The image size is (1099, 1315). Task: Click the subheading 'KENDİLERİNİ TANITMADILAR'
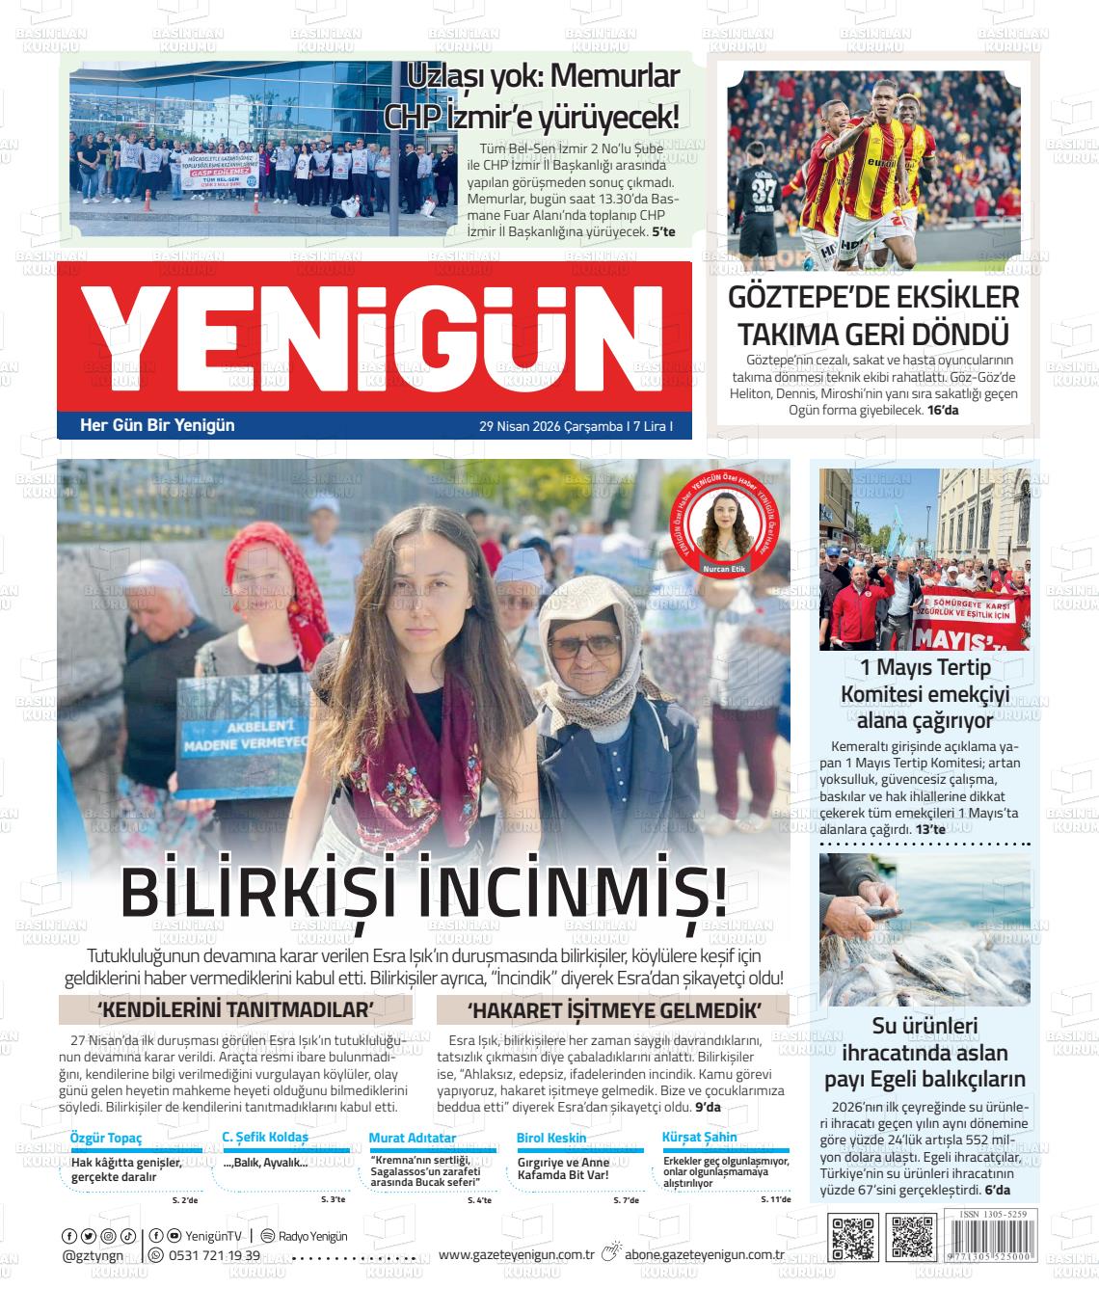(235, 1009)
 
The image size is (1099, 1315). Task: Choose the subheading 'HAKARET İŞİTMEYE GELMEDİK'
(613, 1009)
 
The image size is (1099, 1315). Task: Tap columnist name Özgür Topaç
(106, 1138)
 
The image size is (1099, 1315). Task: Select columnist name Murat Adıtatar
(413, 1138)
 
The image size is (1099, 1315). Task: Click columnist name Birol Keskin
(551, 1138)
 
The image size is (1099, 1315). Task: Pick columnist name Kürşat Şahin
(700, 1138)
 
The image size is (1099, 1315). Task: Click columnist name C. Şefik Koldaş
(265, 1138)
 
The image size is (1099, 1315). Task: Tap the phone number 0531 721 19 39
(214, 1255)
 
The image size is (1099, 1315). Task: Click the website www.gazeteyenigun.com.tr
(516, 1254)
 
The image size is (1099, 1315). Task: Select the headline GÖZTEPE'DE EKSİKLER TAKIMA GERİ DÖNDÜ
(873, 315)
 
